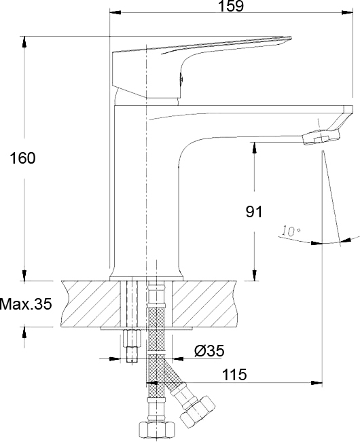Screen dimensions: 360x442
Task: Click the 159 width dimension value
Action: coord(231,6)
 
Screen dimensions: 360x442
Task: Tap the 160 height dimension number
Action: coord(23,158)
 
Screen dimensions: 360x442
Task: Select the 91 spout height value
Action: coord(254,211)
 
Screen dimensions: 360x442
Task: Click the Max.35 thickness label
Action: coord(26,304)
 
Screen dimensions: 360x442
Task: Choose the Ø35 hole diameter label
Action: coord(209,351)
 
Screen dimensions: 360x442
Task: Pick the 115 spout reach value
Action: coord(234,375)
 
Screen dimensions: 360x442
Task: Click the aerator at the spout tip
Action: coord(321,137)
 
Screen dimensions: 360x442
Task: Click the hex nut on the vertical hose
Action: coord(157,431)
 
